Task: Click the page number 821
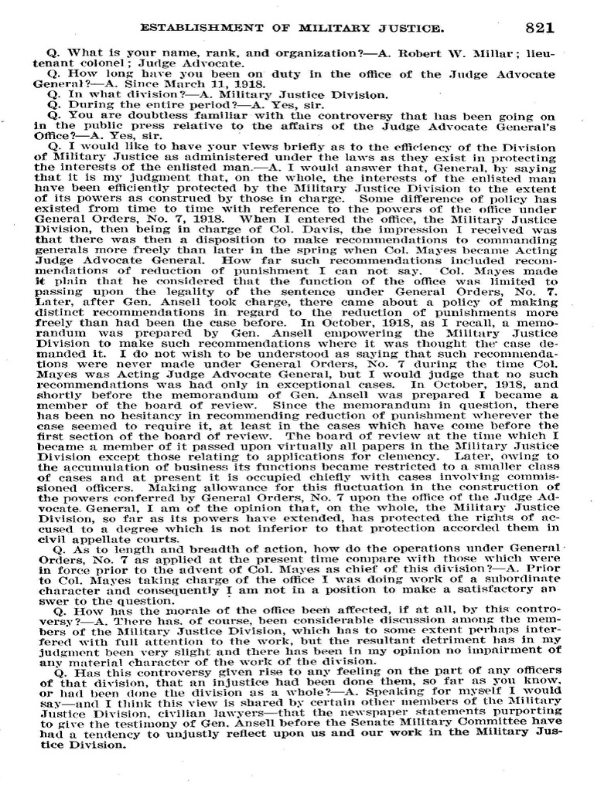(539, 28)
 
